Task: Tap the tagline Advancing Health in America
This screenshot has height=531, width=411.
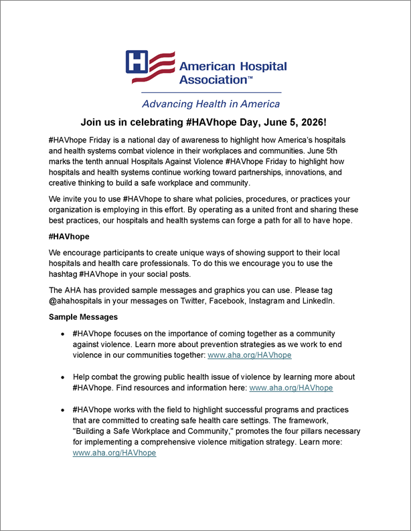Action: (210, 104)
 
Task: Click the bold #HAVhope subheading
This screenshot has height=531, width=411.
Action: (69, 237)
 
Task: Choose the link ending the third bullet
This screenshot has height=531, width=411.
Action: (114, 453)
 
